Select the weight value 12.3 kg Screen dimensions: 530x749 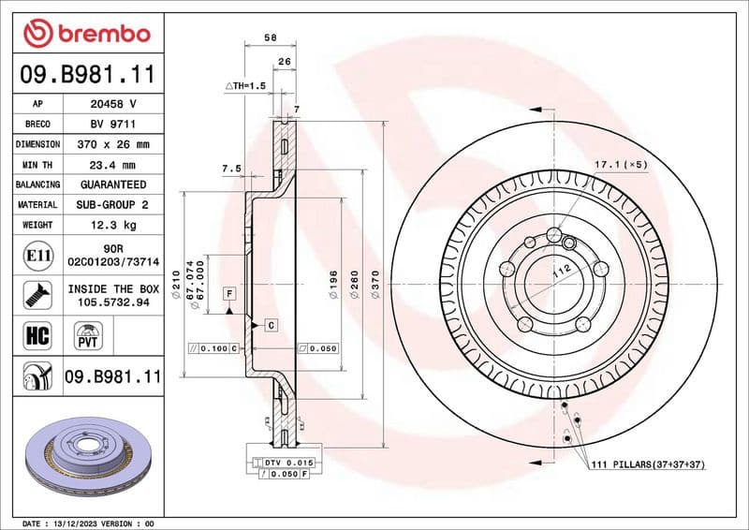pyautogui.click(x=113, y=225)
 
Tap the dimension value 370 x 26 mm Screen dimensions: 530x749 pyautogui.click(x=113, y=144)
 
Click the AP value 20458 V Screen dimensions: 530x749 pyautogui.click(x=113, y=104)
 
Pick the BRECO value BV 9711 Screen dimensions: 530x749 pyautogui.click(x=113, y=125)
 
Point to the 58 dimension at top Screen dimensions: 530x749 pyautogui.click(x=270, y=37)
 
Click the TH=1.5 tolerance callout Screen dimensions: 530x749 pyautogui.click(x=246, y=85)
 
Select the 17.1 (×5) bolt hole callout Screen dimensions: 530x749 pyautogui.click(x=621, y=165)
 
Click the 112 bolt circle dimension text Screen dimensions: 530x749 pyautogui.click(x=561, y=271)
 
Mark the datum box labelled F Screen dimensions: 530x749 pyautogui.click(x=228, y=294)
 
